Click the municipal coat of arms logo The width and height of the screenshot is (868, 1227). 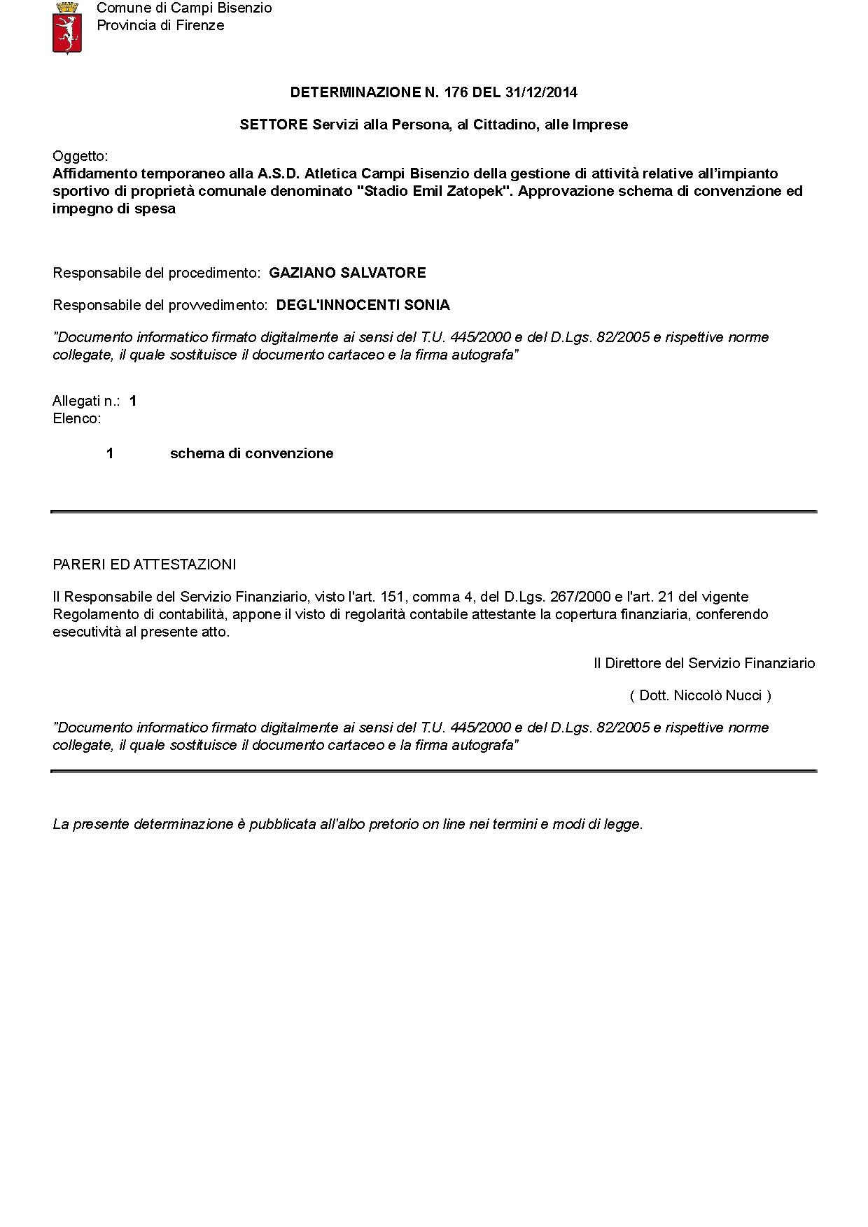(68, 27)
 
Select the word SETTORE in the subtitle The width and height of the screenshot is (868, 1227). (273, 125)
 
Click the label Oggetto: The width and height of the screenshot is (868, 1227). (80, 156)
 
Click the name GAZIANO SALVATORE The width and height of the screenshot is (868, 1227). (347, 273)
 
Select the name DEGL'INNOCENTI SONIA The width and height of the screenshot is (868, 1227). (363, 305)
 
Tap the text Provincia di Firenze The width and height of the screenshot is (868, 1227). (160, 26)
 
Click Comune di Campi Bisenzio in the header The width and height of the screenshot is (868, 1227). (184, 8)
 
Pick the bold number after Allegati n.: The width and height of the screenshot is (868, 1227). (133, 401)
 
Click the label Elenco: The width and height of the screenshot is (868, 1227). (76, 419)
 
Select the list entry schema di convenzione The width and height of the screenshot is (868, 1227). (251, 453)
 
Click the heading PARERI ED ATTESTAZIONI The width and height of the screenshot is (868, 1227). (144, 565)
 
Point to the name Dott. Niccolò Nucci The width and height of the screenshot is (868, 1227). (700, 695)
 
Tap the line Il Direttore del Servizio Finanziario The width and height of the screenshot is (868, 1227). (704, 663)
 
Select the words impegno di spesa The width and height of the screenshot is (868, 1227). (113, 208)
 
